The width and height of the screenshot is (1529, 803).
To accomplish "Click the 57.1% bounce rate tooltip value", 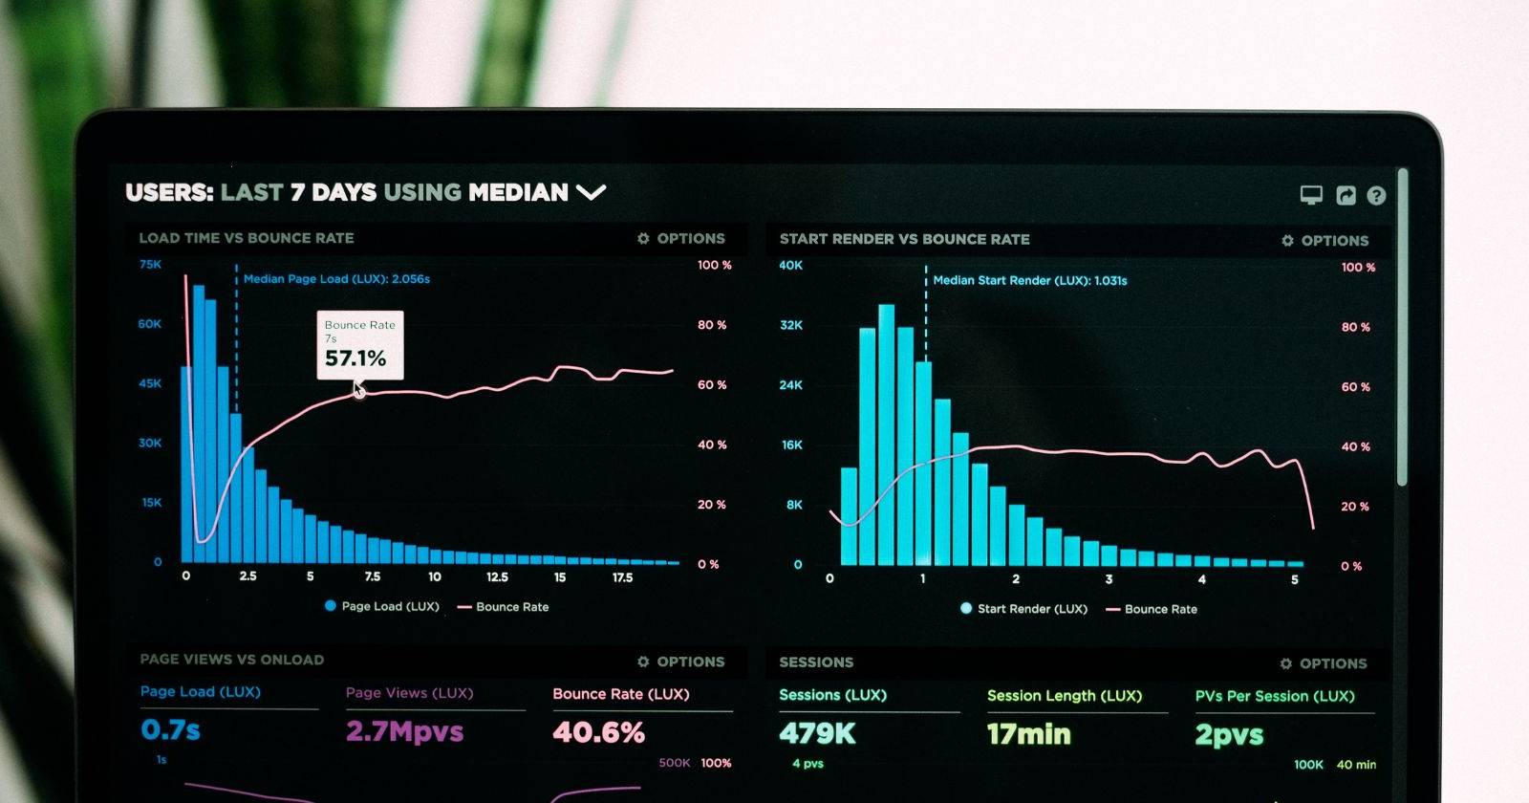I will click(355, 358).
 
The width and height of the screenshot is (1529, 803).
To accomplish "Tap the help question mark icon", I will click(1376, 196).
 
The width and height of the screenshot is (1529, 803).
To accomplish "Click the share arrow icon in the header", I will click(1346, 196).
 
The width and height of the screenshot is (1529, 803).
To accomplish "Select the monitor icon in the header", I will click(1311, 195).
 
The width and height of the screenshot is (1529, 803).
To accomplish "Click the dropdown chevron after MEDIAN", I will click(592, 192).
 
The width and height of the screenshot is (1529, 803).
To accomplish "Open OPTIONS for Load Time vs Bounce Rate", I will click(681, 239).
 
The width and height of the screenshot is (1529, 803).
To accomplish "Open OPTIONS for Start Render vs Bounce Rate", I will click(1325, 241).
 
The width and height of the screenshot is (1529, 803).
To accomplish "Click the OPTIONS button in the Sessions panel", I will click(1324, 663).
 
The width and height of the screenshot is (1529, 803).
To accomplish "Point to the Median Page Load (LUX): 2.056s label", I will click(336, 279).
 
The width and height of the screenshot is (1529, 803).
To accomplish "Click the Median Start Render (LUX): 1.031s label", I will click(1029, 281).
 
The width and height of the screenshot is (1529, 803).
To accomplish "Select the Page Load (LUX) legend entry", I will click(381, 606).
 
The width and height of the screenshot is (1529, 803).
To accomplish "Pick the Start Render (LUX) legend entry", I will click(1023, 609).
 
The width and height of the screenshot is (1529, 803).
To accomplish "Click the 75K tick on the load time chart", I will click(150, 265).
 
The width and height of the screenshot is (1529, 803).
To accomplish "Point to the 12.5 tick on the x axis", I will click(497, 577).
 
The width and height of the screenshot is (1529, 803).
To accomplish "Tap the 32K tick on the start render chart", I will click(791, 326).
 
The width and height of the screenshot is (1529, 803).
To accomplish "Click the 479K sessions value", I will click(817, 733).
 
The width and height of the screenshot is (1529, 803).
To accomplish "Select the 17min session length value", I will click(1028, 734).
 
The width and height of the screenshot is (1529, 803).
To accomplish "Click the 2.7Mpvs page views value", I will click(404, 732).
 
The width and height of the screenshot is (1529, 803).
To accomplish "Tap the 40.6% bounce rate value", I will click(598, 733).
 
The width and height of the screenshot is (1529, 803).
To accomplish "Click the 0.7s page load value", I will click(170, 730).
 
